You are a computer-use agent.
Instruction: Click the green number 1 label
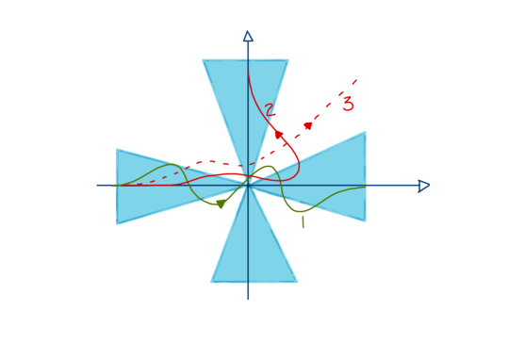[302, 222]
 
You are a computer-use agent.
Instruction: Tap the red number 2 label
[270, 110]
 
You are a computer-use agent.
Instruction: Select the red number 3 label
[348, 104]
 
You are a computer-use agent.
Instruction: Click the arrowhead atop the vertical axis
[248, 36]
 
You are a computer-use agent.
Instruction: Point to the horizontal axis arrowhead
[424, 186]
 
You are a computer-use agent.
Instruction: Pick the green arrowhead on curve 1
[221, 203]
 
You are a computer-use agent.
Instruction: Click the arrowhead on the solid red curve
[279, 135]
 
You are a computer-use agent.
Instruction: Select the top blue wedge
[245, 94]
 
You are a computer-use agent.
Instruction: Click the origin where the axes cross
[248, 186]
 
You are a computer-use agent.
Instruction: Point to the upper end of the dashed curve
[356, 80]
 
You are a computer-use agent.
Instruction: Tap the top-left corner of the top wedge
[204, 60]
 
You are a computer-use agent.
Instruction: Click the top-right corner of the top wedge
[287, 60]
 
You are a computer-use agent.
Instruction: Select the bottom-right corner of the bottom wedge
[296, 281]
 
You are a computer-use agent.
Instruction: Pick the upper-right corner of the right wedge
[365, 133]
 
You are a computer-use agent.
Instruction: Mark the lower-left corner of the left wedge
[117, 223]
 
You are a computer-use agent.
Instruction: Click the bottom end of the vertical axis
[248, 299]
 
